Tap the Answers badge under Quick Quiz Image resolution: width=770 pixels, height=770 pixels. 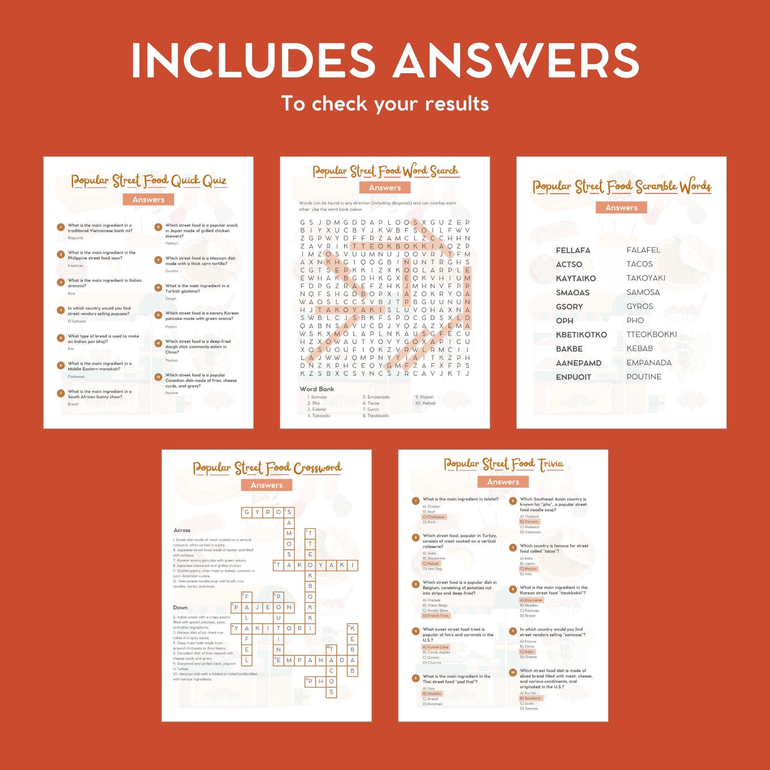coord(148,200)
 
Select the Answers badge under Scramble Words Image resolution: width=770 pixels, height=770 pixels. coord(621,208)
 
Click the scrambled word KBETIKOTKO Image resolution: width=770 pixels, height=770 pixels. coord(581,335)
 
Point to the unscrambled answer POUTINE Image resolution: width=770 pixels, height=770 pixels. coord(644,377)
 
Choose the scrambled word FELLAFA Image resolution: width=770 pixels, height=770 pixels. coord(573,250)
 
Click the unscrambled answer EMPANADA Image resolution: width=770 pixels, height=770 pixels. coord(649,363)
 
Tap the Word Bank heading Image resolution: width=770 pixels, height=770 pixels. coord(317,389)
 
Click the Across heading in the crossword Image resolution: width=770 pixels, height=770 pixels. coord(182,531)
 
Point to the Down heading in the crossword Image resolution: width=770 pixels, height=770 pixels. coord(180,608)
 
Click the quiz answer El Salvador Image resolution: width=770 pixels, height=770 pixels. coord(77,321)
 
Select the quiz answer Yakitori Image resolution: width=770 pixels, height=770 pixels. coord(171,243)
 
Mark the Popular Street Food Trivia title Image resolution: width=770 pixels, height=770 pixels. coord(504,464)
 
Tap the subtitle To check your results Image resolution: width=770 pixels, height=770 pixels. coord(385,104)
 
